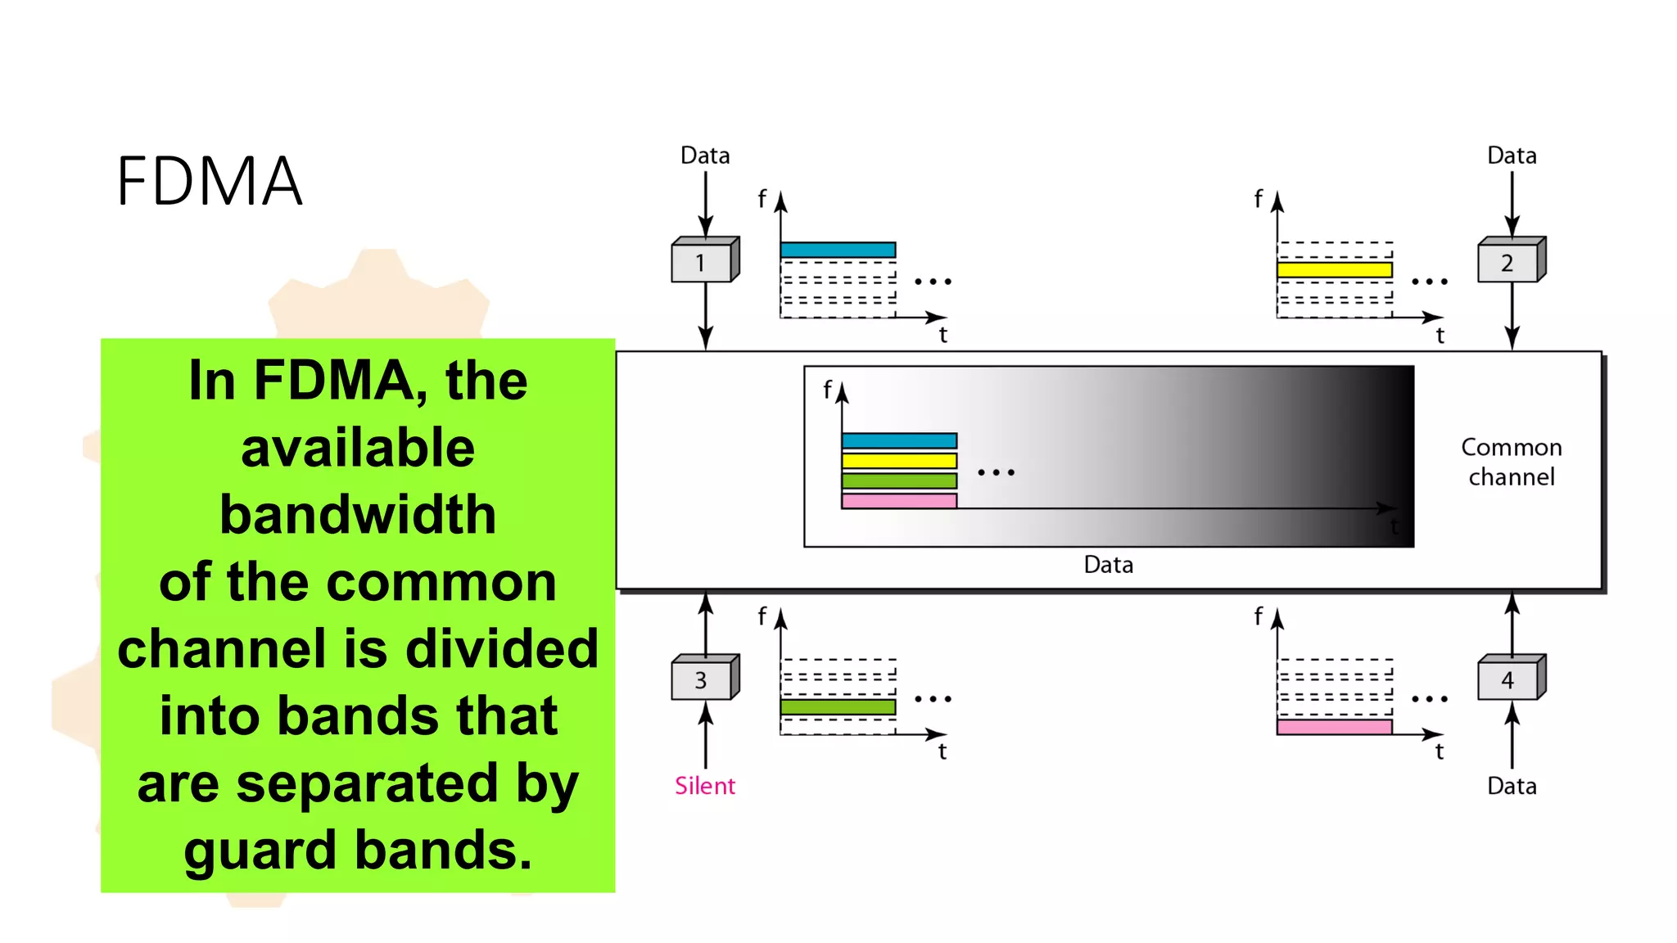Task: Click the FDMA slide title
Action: coord(210,181)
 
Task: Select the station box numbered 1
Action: coord(703,262)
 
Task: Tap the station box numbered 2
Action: coord(1509,262)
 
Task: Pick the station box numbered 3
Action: coord(703,679)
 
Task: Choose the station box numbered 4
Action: coord(1509,679)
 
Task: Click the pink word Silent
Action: coord(704,786)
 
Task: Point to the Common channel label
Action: coord(1511,462)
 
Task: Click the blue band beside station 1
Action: coord(838,250)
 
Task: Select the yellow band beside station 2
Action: coord(1334,269)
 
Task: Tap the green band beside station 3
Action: coord(838,706)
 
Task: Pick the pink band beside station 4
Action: coord(1334,727)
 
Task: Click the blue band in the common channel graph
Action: coord(899,440)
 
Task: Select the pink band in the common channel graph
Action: coord(899,501)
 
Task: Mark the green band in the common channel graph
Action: coord(899,481)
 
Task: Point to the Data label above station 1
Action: coord(704,156)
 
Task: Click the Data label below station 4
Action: coord(1511,786)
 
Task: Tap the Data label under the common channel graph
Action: coord(1108,565)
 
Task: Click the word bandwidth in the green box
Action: coord(358,515)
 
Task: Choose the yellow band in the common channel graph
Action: coord(899,460)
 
